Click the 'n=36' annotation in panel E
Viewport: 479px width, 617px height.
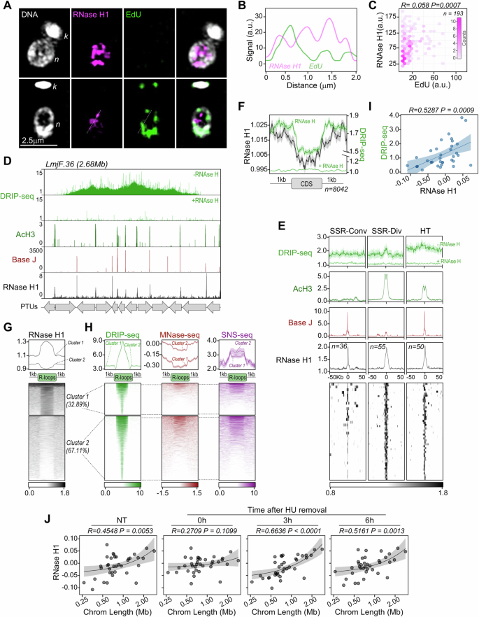341,346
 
